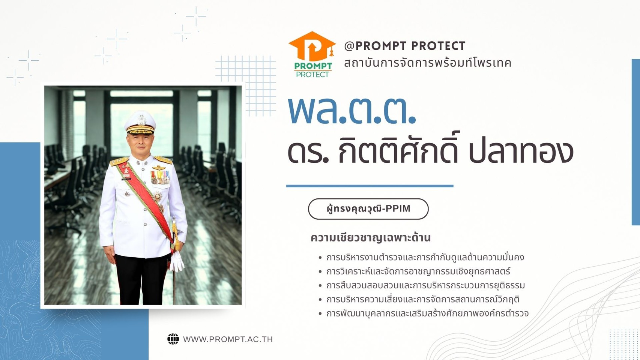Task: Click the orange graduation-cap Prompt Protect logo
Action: tap(312, 54)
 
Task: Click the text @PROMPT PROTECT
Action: tap(404, 46)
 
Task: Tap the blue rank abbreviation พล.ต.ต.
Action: tap(352, 111)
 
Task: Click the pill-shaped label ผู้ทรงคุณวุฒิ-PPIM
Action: tap(368, 209)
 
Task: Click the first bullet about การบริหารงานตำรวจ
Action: tap(421, 257)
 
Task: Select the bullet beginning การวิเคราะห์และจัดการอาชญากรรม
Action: tap(414, 271)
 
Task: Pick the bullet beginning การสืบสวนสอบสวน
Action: tap(422, 285)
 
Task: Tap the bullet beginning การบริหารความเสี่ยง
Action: tap(419, 299)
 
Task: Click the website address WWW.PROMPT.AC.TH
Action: tap(228, 339)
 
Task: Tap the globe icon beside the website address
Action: tap(173, 339)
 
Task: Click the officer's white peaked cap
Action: tap(140, 122)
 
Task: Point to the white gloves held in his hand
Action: tap(177, 261)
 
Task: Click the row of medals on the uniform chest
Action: tap(160, 177)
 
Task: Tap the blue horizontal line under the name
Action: tap(370, 186)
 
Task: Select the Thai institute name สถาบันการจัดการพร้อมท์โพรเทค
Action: tap(427, 63)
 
